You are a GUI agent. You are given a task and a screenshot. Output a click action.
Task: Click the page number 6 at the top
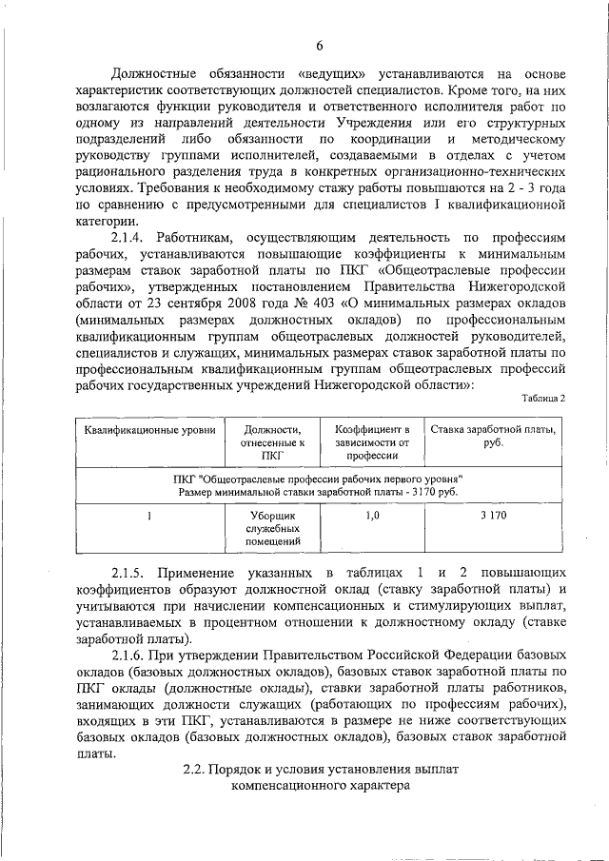point(320,46)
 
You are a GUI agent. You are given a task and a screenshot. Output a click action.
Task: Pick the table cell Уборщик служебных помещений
point(274,529)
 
